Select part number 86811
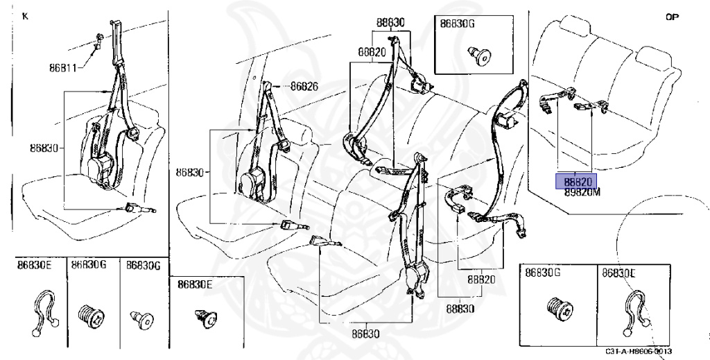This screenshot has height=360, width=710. tap(62, 68)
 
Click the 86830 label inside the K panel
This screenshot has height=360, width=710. tap(45, 147)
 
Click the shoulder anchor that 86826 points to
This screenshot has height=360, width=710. tap(270, 89)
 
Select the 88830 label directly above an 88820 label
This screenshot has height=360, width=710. tap(390, 23)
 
